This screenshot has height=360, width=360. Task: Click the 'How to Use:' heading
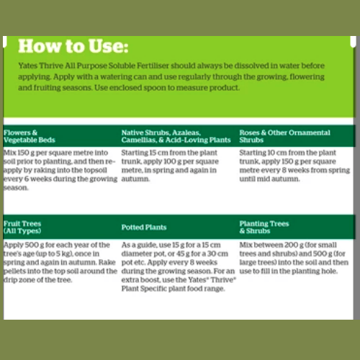[73, 46]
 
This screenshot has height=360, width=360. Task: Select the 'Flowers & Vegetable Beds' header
[30, 136]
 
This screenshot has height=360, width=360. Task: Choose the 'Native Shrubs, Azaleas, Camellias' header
[176, 136]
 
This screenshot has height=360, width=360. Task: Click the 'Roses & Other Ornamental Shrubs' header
[284, 136]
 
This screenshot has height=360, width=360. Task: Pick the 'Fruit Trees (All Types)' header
[22, 227]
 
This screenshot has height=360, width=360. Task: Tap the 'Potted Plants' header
[144, 228]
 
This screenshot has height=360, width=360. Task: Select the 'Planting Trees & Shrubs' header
[264, 227]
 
